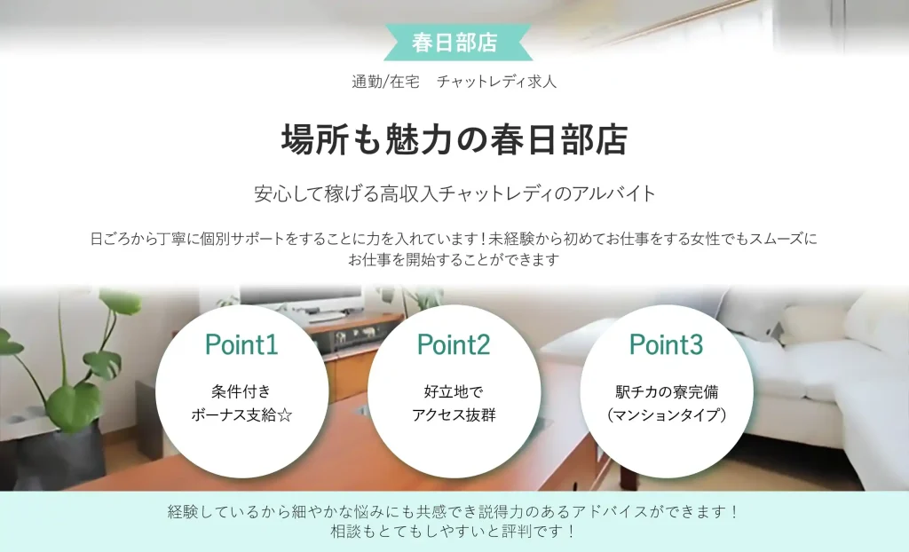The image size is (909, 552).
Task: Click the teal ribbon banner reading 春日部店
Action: pyautogui.click(x=454, y=42)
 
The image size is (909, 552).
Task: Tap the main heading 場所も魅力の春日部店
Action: pyautogui.click(x=454, y=139)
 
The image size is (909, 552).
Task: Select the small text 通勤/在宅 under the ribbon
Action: pyautogui.click(x=380, y=82)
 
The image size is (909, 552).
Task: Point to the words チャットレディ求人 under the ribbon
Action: pyautogui.click(x=496, y=82)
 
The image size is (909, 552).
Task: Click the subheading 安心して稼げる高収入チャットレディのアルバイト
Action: pyautogui.click(x=454, y=193)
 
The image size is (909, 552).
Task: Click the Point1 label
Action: pyautogui.click(x=241, y=344)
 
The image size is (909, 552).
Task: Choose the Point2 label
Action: pyautogui.click(x=454, y=344)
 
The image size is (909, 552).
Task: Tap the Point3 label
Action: pyautogui.click(x=666, y=344)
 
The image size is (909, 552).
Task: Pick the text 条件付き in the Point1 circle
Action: pyautogui.click(x=241, y=391)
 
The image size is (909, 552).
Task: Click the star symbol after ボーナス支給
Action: pyautogui.click(x=285, y=414)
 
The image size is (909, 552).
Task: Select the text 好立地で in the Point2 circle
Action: pyautogui.click(x=454, y=391)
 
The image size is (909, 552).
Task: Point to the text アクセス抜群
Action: pyautogui.click(x=454, y=414)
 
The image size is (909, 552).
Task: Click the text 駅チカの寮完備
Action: pyautogui.click(x=666, y=391)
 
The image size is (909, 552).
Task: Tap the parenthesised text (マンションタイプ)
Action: pyautogui.click(x=666, y=414)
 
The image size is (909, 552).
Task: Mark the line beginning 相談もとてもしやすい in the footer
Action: pyautogui.click(x=454, y=532)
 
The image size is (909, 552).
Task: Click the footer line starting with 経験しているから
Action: pyautogui.click(x=454, y=512)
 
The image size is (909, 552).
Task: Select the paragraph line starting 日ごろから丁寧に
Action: pyautogui.click(x=454, y=239)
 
